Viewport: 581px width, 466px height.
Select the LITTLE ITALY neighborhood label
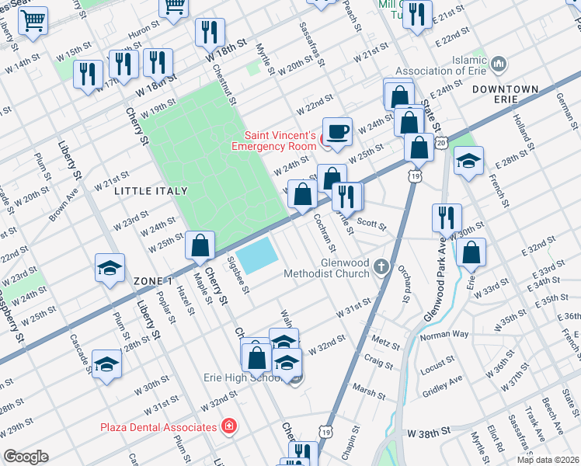151,190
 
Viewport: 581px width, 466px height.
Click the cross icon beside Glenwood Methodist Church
381,267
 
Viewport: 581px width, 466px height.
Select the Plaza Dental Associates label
158,427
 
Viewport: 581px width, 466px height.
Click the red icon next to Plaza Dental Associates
228,426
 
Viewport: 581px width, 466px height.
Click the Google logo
25,457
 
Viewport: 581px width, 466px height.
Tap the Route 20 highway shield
441,144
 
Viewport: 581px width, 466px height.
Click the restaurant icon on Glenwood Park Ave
447,217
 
